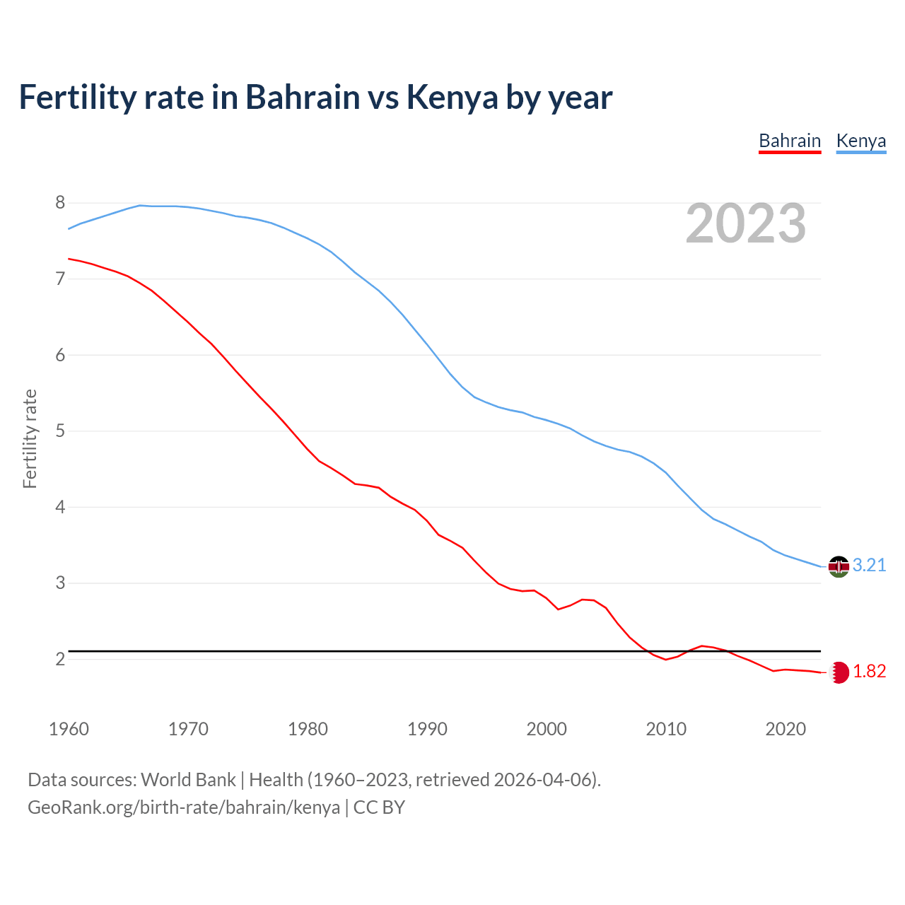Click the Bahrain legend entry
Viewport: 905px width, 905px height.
(789, 141)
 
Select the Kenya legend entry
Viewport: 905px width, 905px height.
(860, 141)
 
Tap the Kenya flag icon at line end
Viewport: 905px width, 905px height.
(839, 566)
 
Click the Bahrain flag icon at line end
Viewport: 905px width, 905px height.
(839, 672)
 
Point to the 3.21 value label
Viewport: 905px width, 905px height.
(869, 565)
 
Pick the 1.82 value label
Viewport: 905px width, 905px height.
(869, 671)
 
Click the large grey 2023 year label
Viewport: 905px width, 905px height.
(746, 223)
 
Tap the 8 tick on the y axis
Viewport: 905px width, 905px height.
(60, 203)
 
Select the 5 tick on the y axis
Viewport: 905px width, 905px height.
(60, 431)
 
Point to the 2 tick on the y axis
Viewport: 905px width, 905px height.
(60, 659)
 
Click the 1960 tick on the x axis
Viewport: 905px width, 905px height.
(69, 729)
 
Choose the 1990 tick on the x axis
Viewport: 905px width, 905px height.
(427, 729)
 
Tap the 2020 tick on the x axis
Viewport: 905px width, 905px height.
(786, 729)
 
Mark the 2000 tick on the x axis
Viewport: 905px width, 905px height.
(547, 729)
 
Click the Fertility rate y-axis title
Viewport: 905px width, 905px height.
(30, 438)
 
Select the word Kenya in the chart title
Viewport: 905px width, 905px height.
(452, 98)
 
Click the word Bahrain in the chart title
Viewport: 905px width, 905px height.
(303, 98)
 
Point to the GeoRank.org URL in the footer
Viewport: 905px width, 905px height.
(184, 807)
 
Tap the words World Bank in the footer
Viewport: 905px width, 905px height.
(188, 780)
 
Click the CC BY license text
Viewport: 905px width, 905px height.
(379, 807)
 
